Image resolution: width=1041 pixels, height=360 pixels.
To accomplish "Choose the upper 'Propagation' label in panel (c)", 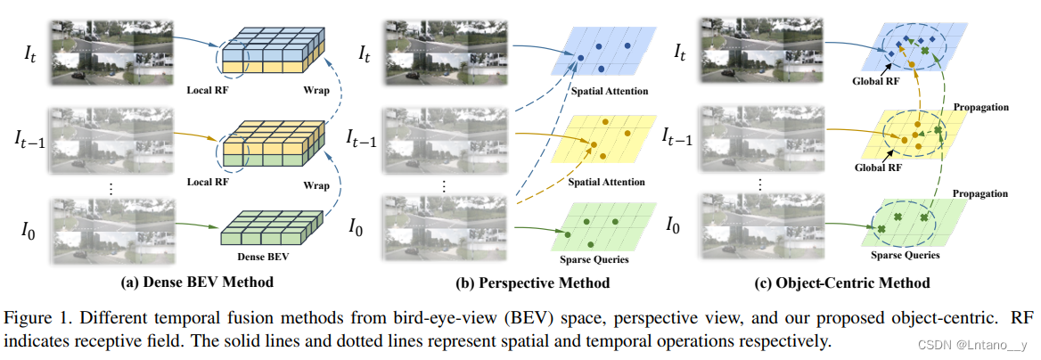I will point(980,107).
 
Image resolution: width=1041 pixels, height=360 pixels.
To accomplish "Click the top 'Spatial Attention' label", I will point(611,91).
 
